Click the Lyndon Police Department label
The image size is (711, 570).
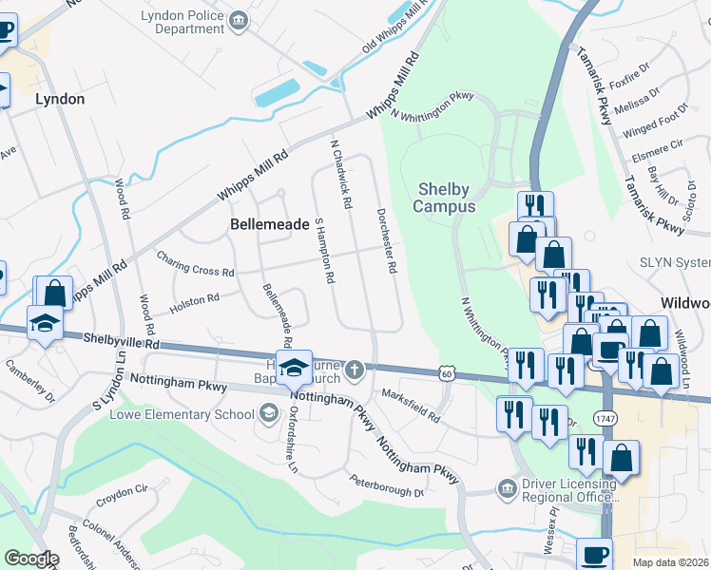tap(182, 23)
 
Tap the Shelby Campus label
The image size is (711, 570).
tap(445, 198)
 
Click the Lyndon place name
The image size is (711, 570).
tap(60, 99)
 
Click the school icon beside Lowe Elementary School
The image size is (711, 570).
tap(269, 413)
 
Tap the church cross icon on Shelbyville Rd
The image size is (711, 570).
tap(354, 369)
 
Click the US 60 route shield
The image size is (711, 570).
tap(446, 375)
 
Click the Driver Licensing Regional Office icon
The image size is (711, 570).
tap(505, 488)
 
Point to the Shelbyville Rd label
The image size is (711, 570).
tap(121, 339)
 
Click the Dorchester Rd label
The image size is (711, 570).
tap(385, 241)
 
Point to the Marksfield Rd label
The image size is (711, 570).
tap(411, 405)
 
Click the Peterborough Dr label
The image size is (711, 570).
tap(385, 486)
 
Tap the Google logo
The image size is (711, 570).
tap(31, 559)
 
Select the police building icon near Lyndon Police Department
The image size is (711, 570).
tap(239, 18)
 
